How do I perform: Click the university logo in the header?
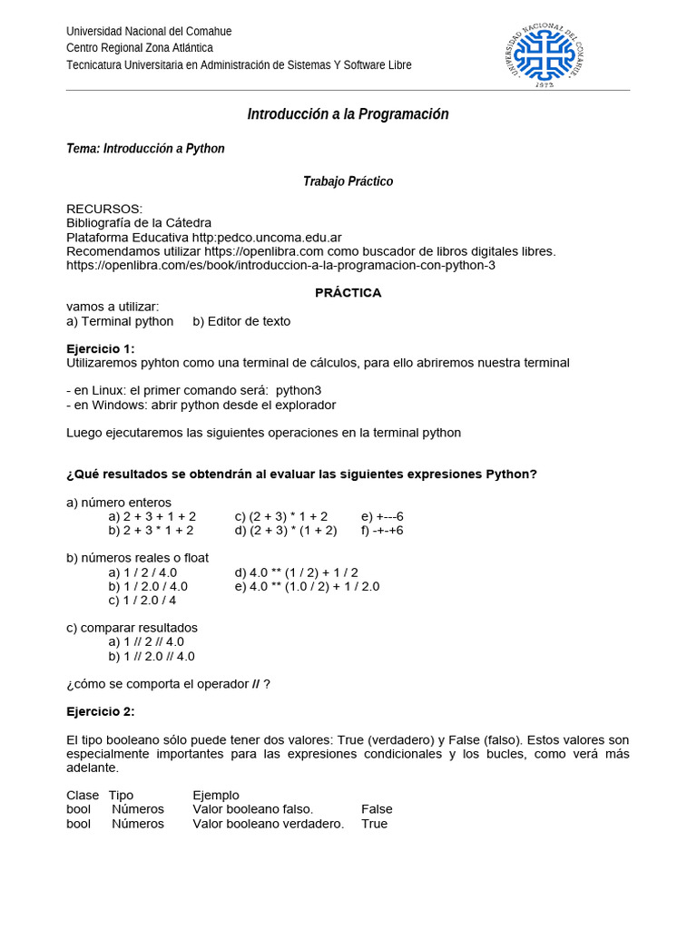coord(543,54)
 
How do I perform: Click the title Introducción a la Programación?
coord(348,114)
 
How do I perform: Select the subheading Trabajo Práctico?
coord(348,181)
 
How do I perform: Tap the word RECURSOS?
coord(104,209)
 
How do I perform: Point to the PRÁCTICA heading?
coord(348,293)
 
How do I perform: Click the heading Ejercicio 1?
coord(101,348)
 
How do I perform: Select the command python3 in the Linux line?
coord(299,390)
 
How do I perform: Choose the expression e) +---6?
coord(382,516)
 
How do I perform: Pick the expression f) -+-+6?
coord(382,530)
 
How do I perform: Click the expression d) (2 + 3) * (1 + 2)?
coord(286,530)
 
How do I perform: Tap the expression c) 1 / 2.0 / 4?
coord(142,600)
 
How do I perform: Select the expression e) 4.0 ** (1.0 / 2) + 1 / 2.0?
coord(307,586)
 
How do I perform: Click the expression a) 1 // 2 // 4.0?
coord(146,641)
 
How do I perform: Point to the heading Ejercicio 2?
coord(101,711)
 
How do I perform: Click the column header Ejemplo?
coord(216,796)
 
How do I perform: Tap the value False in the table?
coord(377,809)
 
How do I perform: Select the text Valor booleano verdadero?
coord(269,824)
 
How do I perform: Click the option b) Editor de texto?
coord(241,321)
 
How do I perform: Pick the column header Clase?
coord(83,796)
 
